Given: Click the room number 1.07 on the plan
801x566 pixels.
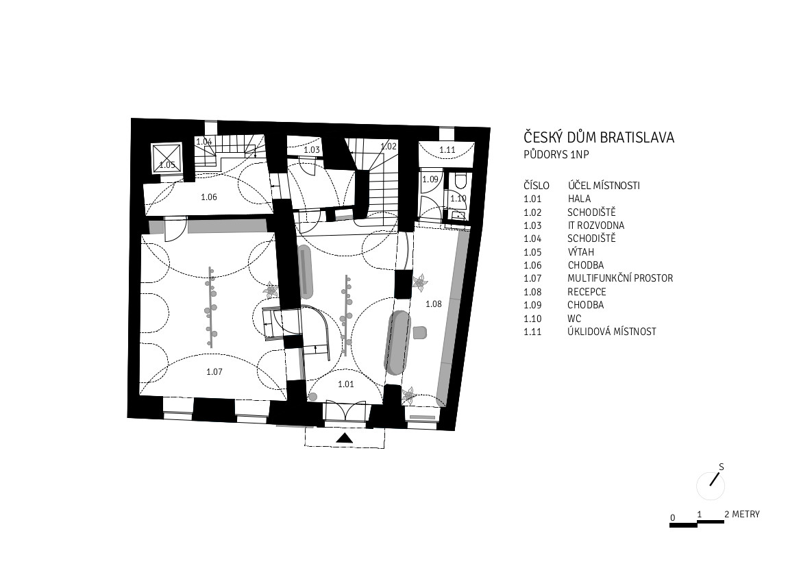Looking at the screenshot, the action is click(x=214, y=372).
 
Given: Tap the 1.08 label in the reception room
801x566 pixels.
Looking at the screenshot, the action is click(x=434, y=304).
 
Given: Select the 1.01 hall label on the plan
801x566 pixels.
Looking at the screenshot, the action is click(x=346, y=384).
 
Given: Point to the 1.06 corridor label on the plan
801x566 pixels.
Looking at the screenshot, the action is click(x=209, y=197).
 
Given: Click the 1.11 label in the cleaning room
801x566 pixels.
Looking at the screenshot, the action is click(x=447, y=149).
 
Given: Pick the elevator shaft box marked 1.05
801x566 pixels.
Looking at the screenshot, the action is click(x=167, y=158).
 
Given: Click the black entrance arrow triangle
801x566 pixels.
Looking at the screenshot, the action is click(x=345, y=438).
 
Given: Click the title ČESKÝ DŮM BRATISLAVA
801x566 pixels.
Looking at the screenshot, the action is click(x=600, y=138).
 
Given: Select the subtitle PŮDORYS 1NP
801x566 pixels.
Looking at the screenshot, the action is click(x=556, y=154).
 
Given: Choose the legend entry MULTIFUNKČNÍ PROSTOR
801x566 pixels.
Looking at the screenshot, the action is click(x=620, y=278).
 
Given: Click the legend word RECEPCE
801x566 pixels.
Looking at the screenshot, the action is click(x=587, y=292).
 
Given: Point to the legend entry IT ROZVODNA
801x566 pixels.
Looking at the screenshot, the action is click(x=595, y=225).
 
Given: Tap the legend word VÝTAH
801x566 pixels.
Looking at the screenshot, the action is click(x=581, y=252).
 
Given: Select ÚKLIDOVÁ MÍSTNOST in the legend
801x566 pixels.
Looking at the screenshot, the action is click(x=612, y=332).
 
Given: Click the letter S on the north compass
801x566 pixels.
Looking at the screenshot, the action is click(x=722, y=467).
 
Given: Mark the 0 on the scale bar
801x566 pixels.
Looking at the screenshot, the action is click(x=673, y=517).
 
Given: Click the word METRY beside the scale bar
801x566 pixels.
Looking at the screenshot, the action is click(x=745, y=515).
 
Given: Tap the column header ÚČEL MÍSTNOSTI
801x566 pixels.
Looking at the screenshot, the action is click(x=604, y=186).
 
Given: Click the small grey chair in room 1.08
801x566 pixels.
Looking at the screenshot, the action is click(x=420, y=332).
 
